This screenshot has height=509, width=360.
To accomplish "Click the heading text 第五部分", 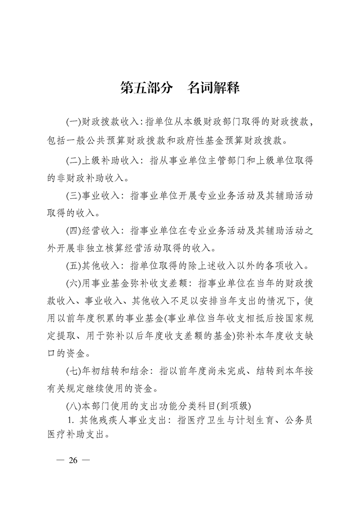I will (146, 88).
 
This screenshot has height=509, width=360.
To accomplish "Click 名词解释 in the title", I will (213, 88).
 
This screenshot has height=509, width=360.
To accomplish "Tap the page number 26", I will (73, 460).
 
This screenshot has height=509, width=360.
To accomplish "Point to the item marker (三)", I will (73, 196).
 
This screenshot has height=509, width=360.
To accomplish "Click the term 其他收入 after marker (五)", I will (101, 265).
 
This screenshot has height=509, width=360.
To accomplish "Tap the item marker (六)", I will (73, 283).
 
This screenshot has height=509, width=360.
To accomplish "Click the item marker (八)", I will (73, 405).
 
